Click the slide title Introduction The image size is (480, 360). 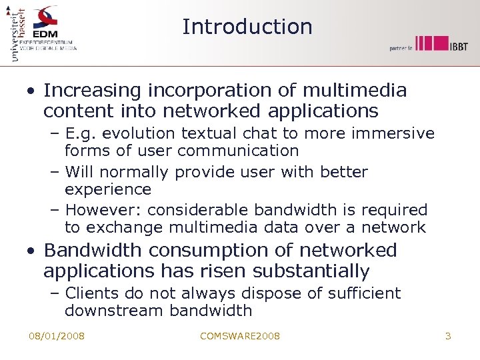(247, 27)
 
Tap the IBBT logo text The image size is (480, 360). (457, 45)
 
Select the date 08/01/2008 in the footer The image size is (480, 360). (57, 336)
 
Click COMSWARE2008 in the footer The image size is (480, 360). (240, 336)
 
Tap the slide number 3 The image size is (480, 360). (448, 336)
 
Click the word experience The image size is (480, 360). (108, 189)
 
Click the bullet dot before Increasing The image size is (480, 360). (32, 91)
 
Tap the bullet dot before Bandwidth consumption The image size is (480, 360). (32, 252)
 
